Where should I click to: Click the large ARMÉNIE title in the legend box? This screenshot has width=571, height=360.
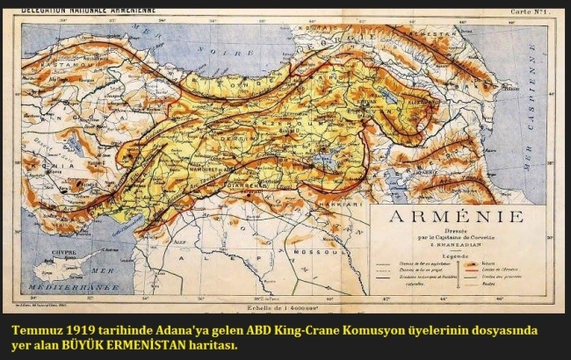[x=449, y=216]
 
